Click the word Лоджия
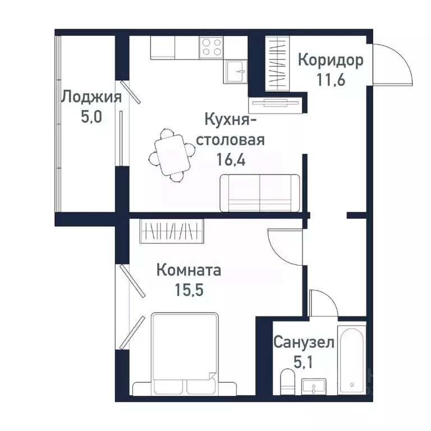[x=91, y=97]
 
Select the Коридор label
[x=330, y=60]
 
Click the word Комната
[x=189, y=270]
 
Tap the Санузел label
[x=304, y=342]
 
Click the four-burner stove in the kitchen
[x=211, y=47]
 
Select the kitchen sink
[x=237, y=71]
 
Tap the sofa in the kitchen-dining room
[x=260, y=192]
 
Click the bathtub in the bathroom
[x=352, y=359]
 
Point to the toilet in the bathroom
[x=286, y=384]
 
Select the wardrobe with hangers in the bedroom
[x=171, y=231]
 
